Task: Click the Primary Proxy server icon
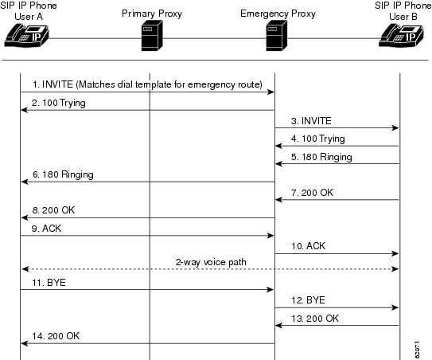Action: pyautogui.click(x=152, y=36)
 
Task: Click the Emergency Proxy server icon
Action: pyautogui.click(x=277, y=36)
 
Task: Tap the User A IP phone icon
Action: pyautogui.click(x=26, y=35)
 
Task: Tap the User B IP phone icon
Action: pyautogui.click(x=401, y=35)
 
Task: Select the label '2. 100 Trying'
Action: pyautogui.click(x=59, y=103)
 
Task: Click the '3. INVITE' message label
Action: pyautogui.click(x=311, y=121)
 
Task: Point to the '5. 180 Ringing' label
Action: pyautogui.click(x=321, y=157)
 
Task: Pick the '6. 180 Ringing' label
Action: pyautogui.click(x=63, y=174)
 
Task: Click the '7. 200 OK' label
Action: pyautogui.click(x=312, y=193)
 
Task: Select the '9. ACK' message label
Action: pyautogui.click(x=46, y=229)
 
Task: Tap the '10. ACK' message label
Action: pyautogui.click(x=309, y=246)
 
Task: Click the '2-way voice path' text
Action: pyautogui.click(x=211, y=262)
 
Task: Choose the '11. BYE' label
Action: pyautogui.click(x=49, y=283)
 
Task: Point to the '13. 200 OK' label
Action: pyautogui.click(x=315, y=319)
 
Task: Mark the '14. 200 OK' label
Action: pyautogui.click(x=56, y=336)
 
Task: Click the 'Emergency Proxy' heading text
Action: pyautogui.click(x=278, y=14)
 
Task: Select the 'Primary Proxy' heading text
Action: pyautogui.click(x=152, y=14)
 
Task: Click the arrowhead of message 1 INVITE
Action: pyautogui.click(x=271, y=92)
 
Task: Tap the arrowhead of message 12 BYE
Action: pyautogui.click(x=395, y=307)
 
